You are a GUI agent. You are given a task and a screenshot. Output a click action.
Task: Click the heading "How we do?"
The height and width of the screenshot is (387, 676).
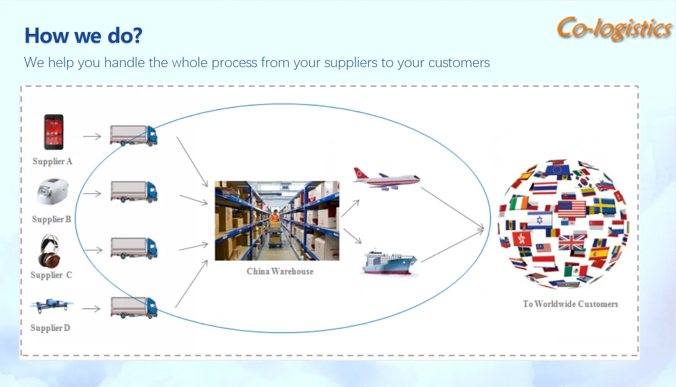83,36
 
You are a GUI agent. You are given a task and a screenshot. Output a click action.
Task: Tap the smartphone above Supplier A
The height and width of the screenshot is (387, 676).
53,132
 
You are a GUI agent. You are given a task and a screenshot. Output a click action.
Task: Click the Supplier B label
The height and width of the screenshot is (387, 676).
51,219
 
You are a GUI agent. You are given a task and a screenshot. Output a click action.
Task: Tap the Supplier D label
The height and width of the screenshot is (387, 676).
50,328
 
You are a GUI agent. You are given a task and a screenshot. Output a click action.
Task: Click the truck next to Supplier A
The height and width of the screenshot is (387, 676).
133,135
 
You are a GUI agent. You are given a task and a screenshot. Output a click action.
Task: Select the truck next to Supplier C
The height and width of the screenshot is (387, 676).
134,248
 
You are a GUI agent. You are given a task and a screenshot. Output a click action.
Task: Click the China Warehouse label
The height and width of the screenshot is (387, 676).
280,271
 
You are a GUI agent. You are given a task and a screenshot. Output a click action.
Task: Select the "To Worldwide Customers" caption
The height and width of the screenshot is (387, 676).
570,304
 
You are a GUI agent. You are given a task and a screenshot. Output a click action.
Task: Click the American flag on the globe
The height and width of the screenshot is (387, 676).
572,208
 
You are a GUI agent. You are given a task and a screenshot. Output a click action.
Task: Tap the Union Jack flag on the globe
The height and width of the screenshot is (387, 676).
571,242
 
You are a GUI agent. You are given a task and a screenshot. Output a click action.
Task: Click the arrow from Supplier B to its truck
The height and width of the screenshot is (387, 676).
92,193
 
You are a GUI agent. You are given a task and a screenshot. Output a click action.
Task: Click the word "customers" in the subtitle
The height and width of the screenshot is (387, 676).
459,63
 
